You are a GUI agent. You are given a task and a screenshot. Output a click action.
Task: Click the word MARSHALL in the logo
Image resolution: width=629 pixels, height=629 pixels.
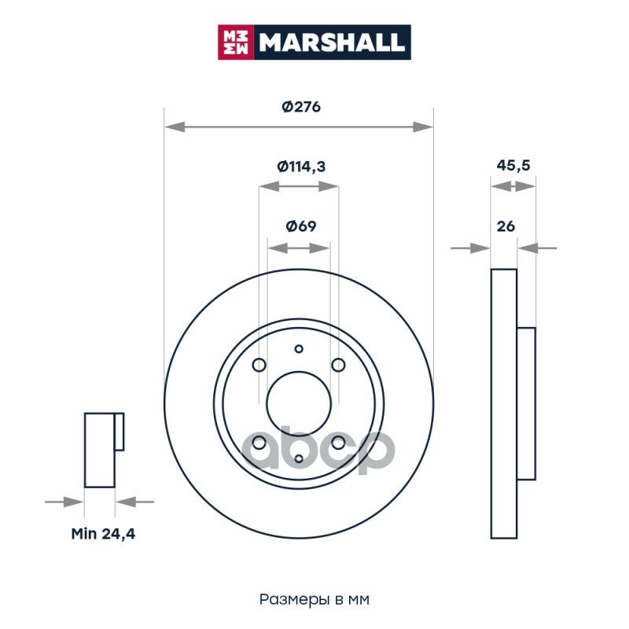point(331,42)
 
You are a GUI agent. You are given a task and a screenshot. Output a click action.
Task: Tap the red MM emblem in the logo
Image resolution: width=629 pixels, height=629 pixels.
point(236,42)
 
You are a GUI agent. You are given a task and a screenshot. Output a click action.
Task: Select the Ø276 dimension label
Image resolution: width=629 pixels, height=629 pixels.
point(301,107)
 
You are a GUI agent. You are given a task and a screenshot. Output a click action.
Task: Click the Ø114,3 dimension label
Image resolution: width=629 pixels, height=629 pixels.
point(301,166)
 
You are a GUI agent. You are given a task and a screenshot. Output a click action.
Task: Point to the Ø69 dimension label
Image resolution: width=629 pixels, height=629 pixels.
point(301,226)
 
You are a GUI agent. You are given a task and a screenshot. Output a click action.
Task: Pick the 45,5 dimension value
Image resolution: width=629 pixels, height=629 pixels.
point(513,165)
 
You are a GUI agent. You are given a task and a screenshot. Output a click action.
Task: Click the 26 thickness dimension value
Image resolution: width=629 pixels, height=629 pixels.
point(506,226)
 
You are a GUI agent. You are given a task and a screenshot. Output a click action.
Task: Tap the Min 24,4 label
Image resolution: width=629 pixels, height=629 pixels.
point(103,534)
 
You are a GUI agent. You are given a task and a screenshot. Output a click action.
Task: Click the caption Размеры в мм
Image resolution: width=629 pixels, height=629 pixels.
point(314,599)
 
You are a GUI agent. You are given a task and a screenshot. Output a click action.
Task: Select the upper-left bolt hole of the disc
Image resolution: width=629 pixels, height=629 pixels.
point(259,365)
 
